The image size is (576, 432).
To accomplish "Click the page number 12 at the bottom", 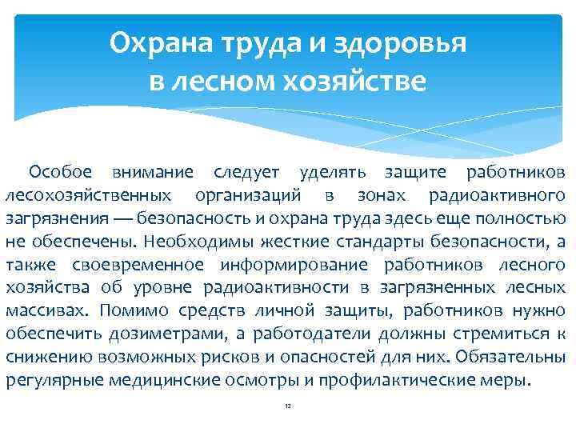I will (x=288, y=406).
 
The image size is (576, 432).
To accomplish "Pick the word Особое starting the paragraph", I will (x=60, y=171).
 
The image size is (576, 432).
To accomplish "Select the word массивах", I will (x=38, y=310).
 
